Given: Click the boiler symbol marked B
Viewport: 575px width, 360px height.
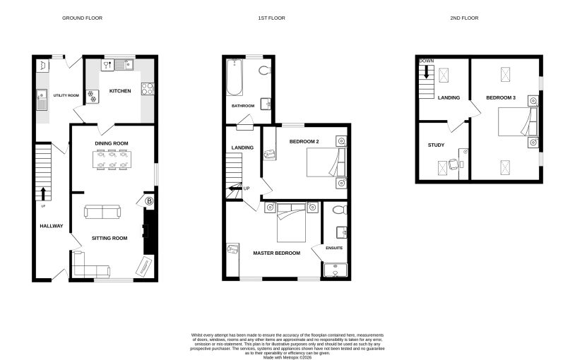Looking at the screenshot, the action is [x=149, y=201].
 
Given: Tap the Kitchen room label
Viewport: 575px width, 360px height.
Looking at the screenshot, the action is [x=120, y=91].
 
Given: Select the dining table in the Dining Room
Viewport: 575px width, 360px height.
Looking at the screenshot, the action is [x=112, y=160].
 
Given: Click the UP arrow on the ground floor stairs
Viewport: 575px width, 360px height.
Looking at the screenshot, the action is [x=43, y=193].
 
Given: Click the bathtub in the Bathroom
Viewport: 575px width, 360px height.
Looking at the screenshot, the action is [x=235, y=77].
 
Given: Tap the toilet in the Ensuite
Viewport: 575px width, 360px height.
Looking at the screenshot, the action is [x=339, y=210].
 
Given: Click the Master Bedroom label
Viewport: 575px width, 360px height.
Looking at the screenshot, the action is [x=276, y=253].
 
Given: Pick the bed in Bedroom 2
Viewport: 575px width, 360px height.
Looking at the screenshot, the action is [x=326, y=162].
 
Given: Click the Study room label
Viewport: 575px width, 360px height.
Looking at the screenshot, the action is [x=436, y=145].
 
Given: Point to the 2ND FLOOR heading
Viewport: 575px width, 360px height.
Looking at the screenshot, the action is [x=464, y=18].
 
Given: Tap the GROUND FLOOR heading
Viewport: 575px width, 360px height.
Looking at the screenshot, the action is [x=82, y=18].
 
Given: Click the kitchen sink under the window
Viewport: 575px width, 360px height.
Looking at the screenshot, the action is [x=124, y=65].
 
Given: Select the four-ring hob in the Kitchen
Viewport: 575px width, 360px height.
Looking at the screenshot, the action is [x=148, y=89].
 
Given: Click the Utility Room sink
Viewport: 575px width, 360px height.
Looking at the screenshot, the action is [x=42, y=100].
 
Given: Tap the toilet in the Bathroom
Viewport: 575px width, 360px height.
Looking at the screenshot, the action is [x=264, y=70].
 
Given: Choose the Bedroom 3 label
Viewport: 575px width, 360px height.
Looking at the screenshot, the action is [x=501, y=98].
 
